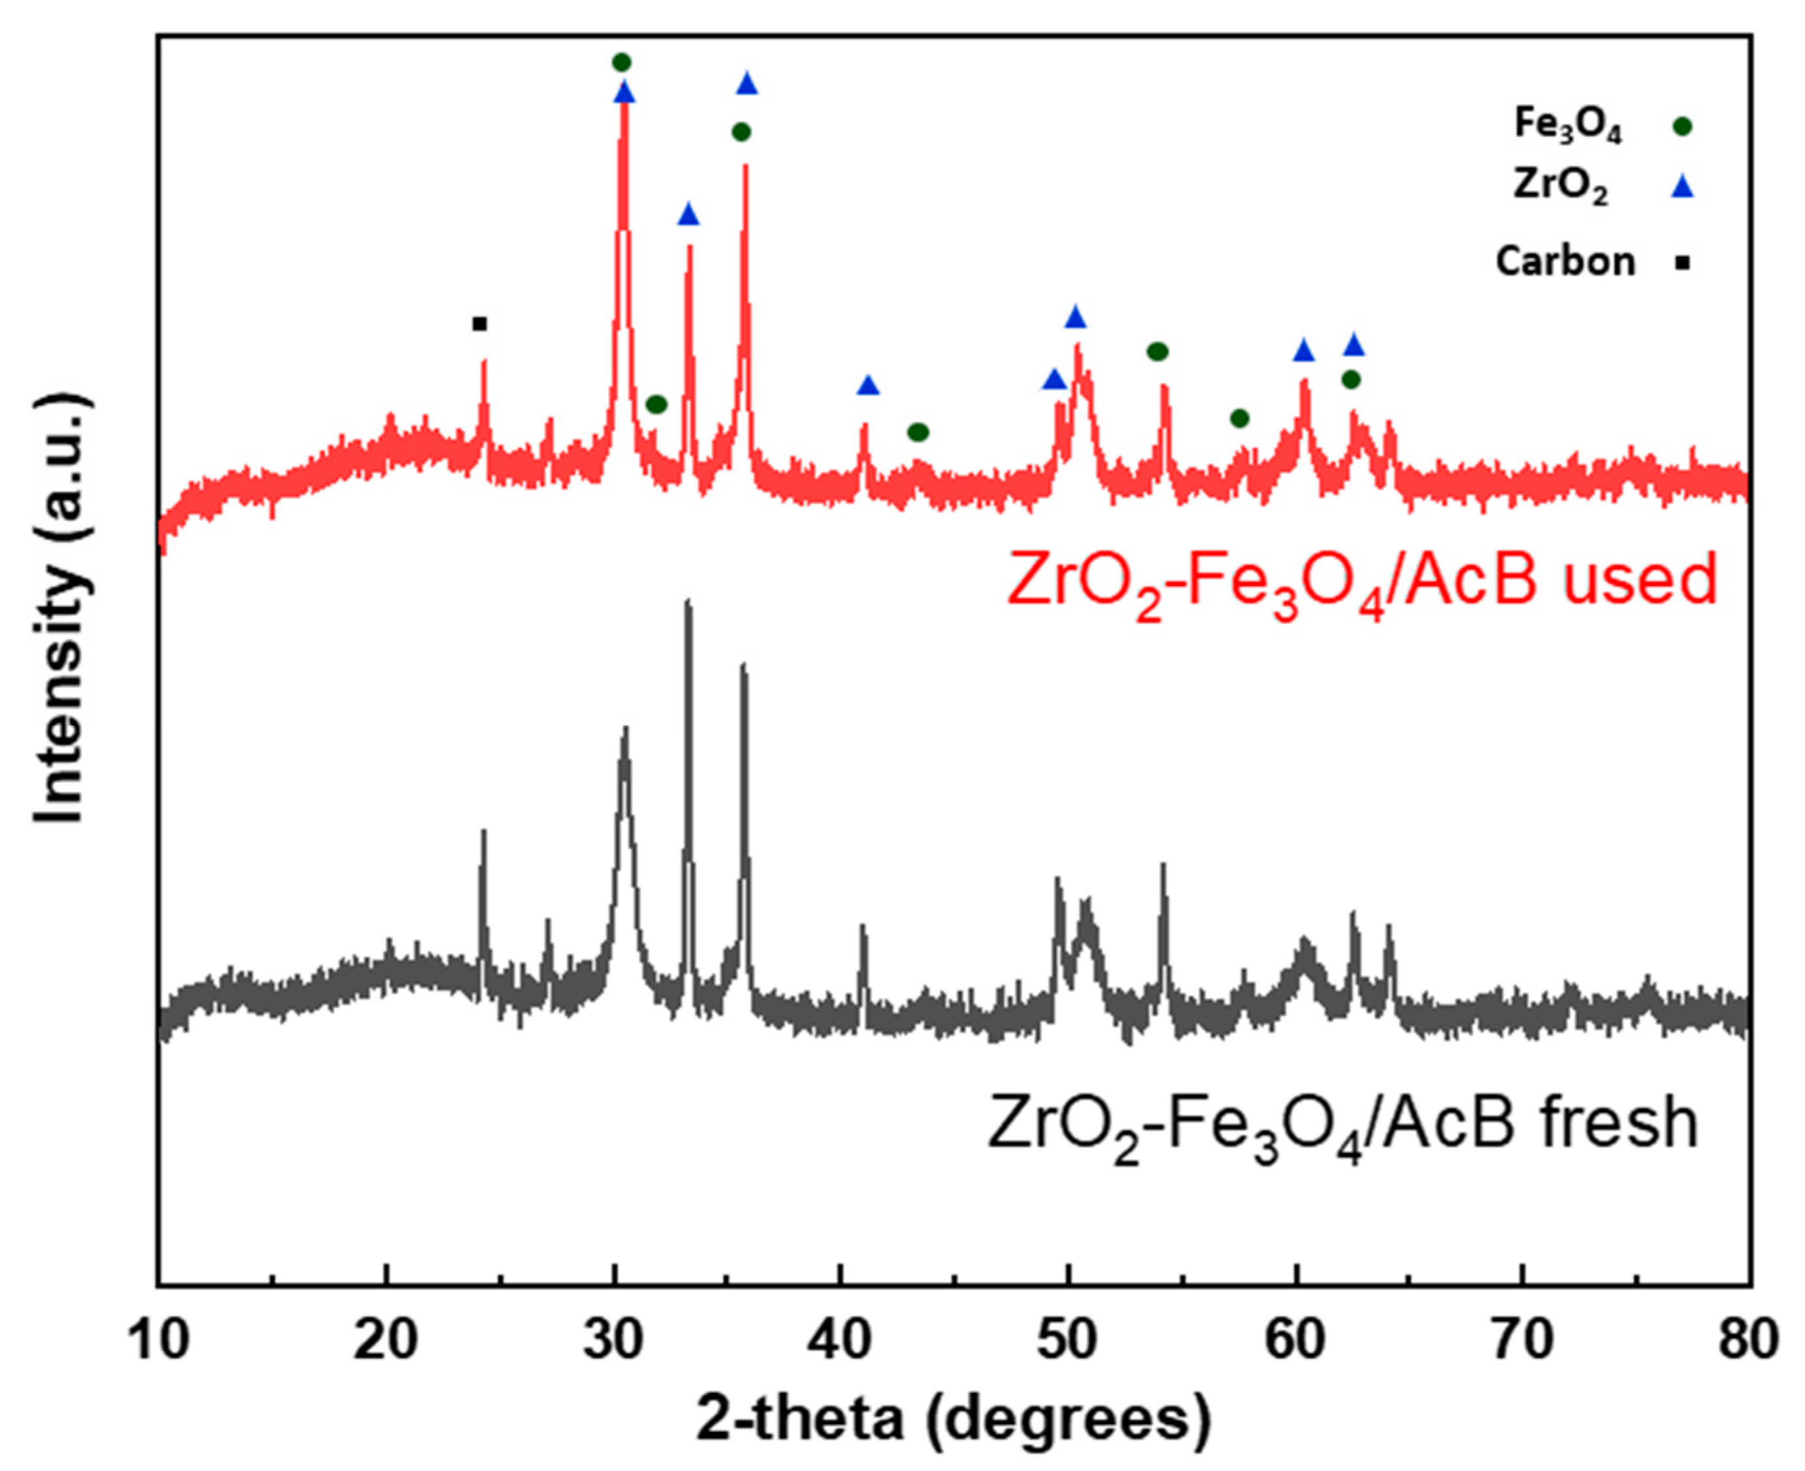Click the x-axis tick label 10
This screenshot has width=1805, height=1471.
(x=160, y=1341)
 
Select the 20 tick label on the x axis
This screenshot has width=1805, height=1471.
(x=386, y=1341)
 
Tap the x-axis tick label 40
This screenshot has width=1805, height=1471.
(x=841, y=1341)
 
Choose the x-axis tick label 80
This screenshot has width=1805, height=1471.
(x=1749, y=1341)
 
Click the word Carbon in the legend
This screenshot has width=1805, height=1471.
(x=1565, y=262)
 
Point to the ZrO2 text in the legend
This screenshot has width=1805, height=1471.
(x=1560, y=189)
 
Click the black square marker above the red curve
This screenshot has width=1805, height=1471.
(x=479, y=324)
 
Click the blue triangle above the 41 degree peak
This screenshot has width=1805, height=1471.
(x=868, y=386)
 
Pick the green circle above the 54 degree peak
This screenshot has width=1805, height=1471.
(x=1158, y=352)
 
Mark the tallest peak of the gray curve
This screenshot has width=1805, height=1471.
(x=688, y=602)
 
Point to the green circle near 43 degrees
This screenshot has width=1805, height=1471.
(x=918, y=433)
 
